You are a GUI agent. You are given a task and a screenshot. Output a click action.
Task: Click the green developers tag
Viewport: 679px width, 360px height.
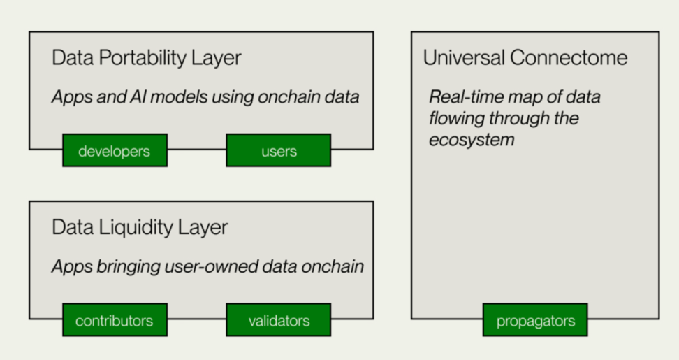tap(115, 150)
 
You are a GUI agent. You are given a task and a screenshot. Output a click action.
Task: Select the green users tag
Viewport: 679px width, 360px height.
tap(279, 150)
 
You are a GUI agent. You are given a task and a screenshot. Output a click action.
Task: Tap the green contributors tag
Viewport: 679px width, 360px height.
tap(115, 319)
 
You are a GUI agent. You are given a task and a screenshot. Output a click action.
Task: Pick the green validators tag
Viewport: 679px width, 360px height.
tap(279, 319)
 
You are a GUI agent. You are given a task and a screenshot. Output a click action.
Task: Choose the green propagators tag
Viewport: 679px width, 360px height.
tap(535, 319)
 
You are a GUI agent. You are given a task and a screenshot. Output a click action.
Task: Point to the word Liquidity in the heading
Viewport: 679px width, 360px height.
tap(136, 227)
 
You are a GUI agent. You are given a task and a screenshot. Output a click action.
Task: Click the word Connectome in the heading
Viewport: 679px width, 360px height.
tap(569, 57)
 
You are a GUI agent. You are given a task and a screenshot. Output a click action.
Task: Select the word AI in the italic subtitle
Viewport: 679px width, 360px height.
tap(138, 96)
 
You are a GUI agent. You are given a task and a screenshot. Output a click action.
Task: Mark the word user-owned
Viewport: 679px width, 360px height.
tap(212, 266)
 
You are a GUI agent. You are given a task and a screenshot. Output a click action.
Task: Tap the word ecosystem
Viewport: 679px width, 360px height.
tap(472, 141)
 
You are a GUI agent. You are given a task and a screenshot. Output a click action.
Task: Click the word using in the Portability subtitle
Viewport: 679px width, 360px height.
tap(233, 97)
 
